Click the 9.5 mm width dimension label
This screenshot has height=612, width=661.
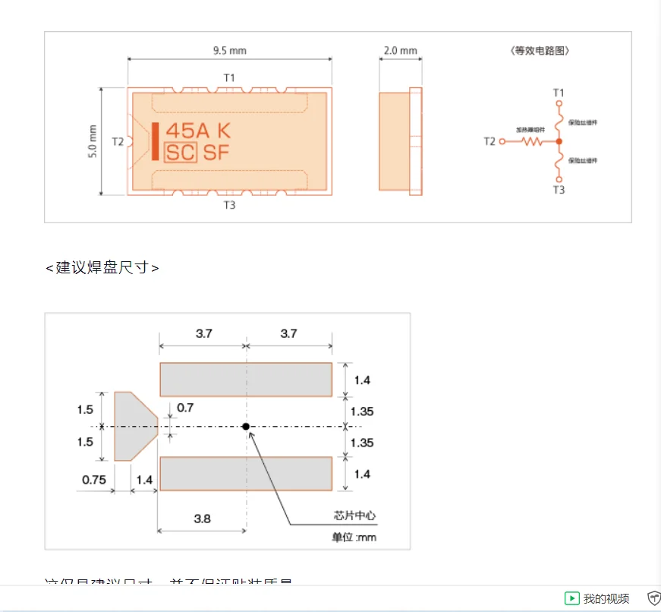coord(229,51)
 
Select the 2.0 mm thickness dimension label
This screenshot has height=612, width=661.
coord(400,51)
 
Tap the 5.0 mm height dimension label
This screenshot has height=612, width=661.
coord(93,141)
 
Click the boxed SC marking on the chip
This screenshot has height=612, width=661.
coord(181,153)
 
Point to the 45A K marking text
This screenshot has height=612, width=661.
coord(197,131)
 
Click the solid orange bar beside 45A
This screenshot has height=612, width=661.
coord(156,141)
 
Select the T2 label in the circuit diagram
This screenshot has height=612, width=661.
coord(489,141)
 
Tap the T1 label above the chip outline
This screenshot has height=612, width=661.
coord(229,77)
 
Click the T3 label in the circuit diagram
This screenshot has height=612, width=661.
coord(559,190)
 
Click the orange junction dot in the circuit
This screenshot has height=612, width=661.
coord(559,141)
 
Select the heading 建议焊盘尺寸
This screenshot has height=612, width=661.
coord(102,268)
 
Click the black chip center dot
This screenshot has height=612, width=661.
coord(246,427)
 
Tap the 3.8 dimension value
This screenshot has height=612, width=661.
coord(202,519)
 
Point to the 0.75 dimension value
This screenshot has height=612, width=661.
coord(94,479)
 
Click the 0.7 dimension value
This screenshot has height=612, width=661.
coord(184,408)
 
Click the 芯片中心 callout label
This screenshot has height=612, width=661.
coord(354,516)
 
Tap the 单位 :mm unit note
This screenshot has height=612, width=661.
coord(354,538)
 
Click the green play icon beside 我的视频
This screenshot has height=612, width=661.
coord(572,598)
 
